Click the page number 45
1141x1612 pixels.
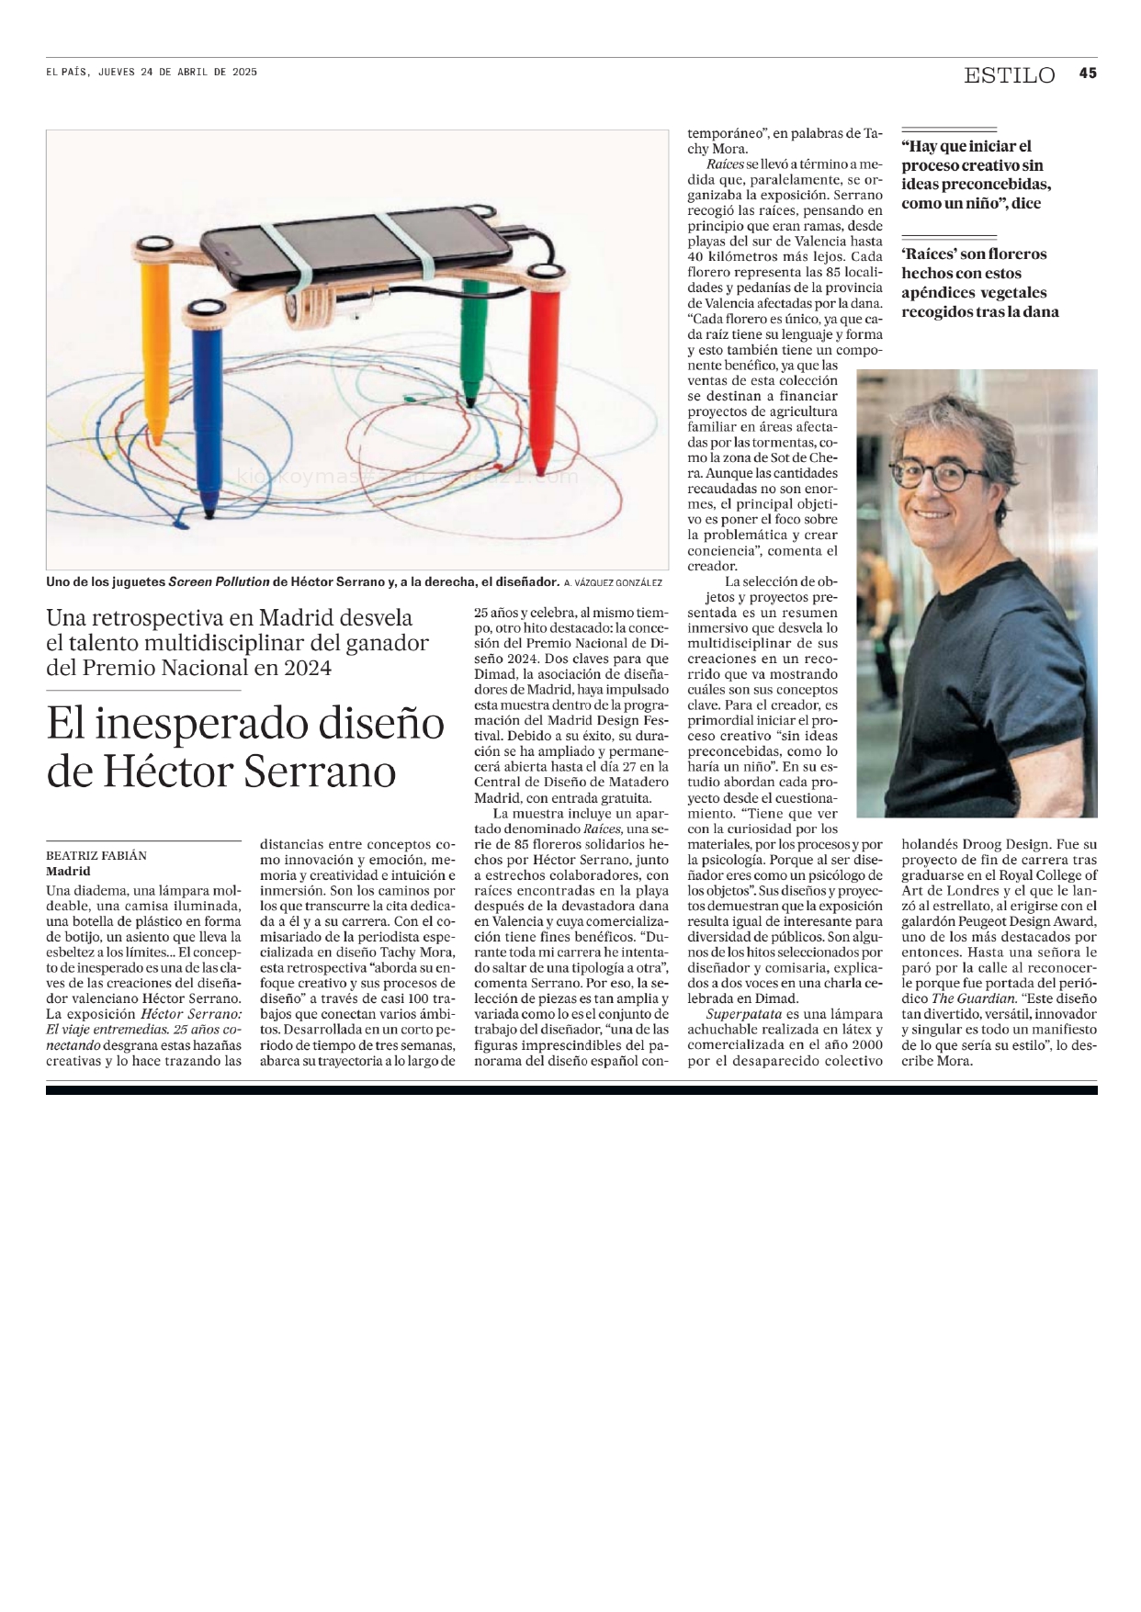pos(1088,73)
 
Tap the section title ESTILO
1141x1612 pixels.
pos(1009,75)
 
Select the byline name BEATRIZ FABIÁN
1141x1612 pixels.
pos(96,856)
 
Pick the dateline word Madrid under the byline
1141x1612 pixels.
pos(69,872)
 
